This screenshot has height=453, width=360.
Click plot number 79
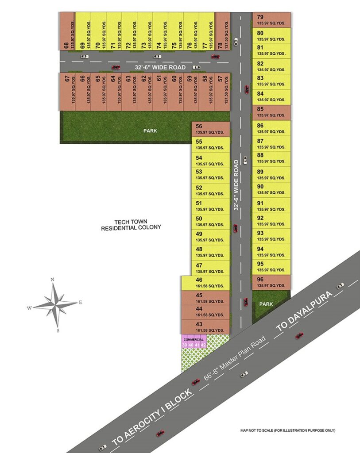[271, 20]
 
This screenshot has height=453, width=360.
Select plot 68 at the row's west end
[67, 31]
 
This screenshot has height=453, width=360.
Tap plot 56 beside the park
[211, 129]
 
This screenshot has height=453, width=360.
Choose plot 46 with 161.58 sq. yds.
[205, 282]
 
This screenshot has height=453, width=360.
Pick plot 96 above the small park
[271, 282]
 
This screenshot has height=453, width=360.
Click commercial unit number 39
[184, 345]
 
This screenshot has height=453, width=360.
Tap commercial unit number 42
[203, 345]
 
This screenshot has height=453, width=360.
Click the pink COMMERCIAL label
[193, 339]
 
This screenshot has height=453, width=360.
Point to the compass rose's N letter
[52, 280]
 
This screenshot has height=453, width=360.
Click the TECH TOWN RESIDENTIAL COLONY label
[131, 225]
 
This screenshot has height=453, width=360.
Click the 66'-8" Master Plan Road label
[235, 358]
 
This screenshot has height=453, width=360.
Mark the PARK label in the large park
[150, 131]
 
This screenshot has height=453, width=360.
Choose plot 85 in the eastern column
[271, 112]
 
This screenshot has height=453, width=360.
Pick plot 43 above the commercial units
[205, 327]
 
